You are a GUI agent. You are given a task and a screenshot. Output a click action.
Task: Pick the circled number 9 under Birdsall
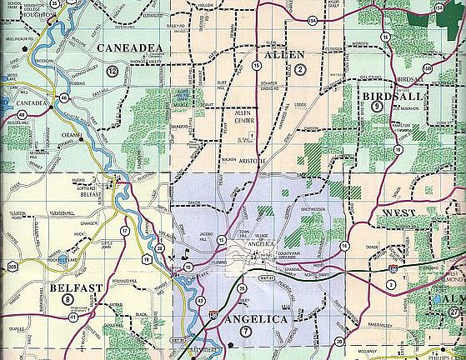coord(378,106)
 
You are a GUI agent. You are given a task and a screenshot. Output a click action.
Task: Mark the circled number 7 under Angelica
coord(244,332)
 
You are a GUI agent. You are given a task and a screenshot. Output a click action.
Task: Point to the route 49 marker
coord(20,115)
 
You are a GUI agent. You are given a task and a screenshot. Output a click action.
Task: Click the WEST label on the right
coord(400,213)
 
